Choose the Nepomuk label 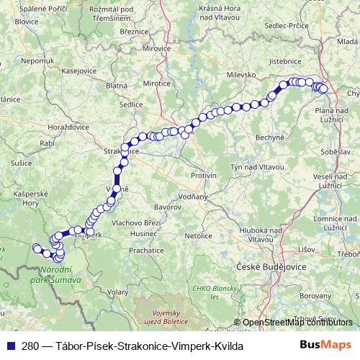(x=38, y=61)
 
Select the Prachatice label (x=147, y=251)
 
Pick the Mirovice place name (x=157, y=49)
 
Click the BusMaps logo (x=330, y=346)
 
